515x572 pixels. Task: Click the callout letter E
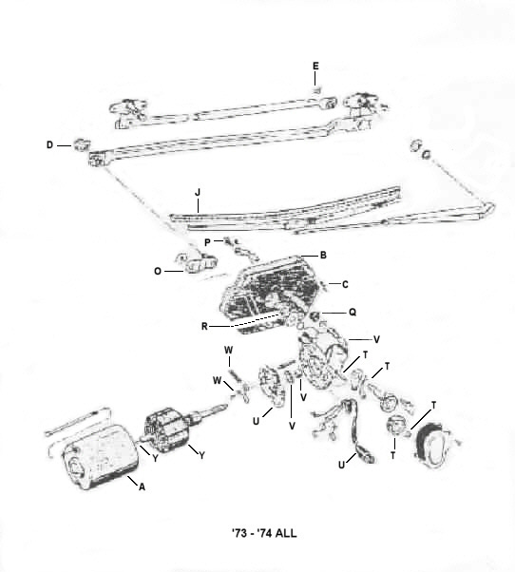[x=315, y=66]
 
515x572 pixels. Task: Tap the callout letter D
[x=49, y=145]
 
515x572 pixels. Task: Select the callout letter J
[x=198, y=192]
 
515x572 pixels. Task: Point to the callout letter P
[x=207, y=242]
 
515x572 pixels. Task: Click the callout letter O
[x=158, y=272]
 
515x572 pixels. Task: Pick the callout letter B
[x=323, y=256]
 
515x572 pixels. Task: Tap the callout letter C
[x=345, y=284]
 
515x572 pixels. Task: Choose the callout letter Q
[x=353, y=313]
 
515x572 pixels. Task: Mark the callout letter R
[x=204, y=327]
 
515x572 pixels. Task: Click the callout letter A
[x=142, y=486]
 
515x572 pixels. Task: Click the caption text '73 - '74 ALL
[x=264, y=533]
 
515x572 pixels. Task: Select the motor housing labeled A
[x=101, y=457]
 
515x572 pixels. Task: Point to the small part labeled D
[x=81, y=144]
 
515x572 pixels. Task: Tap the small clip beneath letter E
[x=316, y=90]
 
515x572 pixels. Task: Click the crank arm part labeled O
[x=197, y=262]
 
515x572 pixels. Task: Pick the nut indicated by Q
[x=315, y=315]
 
